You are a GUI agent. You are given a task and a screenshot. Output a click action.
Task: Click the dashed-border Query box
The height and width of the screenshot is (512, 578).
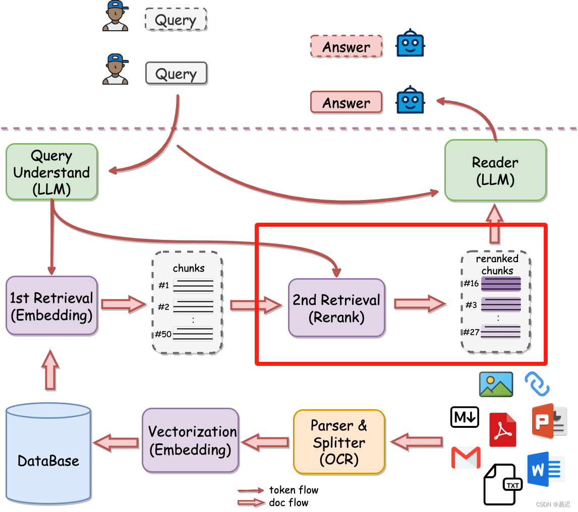click(x=176, y=20)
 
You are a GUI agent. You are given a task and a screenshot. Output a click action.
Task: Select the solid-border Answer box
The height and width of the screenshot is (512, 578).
click(x=346, y=103)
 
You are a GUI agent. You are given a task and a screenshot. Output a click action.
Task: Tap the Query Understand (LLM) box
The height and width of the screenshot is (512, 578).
click(x=51, y=172)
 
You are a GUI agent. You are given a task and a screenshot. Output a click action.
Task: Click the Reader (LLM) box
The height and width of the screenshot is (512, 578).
click(x=495, y=171)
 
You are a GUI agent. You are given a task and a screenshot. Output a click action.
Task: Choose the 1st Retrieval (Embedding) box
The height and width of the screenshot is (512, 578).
click(x=51, y=306)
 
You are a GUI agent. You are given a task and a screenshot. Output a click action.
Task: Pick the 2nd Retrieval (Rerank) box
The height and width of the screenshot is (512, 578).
click(x=336, y=308)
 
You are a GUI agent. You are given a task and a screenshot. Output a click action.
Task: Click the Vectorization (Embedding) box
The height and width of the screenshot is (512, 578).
click(x=190, y=440)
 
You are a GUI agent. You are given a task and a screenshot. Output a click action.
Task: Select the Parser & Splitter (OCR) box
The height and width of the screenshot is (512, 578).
click(x=339, y=442)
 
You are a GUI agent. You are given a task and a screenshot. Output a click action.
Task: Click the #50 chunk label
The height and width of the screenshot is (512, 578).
click(x=163, y=334)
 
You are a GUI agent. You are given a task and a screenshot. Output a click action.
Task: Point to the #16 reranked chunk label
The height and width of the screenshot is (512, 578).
click(x=471, y=284)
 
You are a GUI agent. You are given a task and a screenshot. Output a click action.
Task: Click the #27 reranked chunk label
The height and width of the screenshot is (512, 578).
click(x=471, y=332)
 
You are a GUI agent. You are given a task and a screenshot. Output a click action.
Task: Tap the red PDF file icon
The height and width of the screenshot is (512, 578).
click(x=503, y=430)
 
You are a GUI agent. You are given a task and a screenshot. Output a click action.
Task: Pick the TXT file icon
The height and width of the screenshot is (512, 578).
click(x=502, y=484)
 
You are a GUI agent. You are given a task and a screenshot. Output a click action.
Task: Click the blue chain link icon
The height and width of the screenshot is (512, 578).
click(x=537, y=384)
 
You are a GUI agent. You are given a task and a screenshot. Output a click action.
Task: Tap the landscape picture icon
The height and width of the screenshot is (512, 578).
click(x=496, y=385)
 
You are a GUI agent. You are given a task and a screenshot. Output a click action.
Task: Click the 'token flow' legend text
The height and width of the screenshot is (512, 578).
click(x=294, y=490)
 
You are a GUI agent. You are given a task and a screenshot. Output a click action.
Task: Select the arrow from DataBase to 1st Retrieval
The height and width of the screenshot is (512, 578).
click(x=50, y=370)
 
